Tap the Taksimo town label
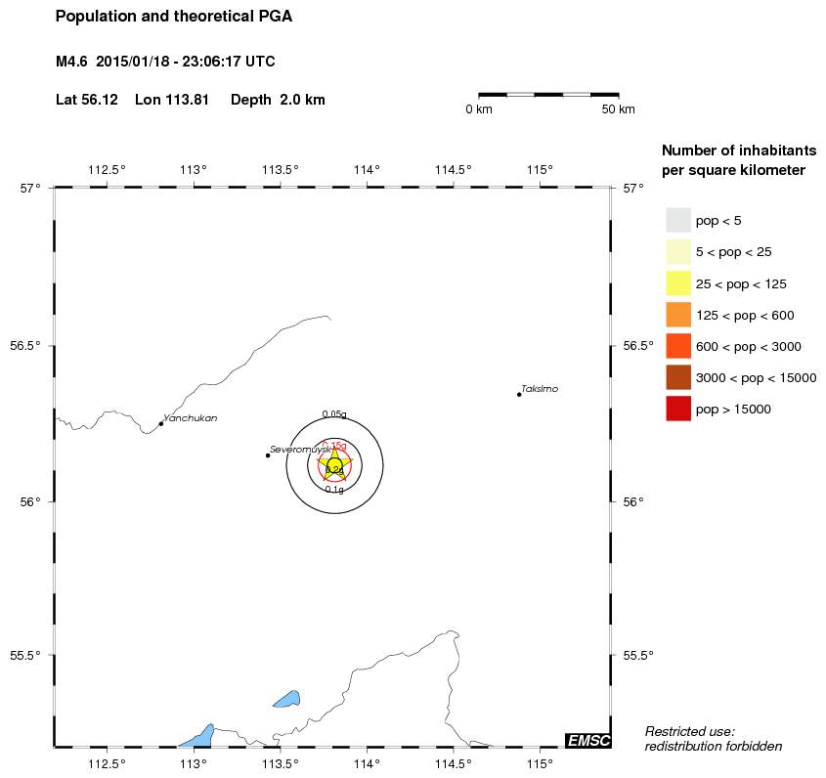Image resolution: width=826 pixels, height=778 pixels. point(540,389)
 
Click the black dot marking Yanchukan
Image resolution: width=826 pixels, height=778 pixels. point(161,423)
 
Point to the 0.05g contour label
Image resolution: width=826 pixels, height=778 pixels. point(334,414)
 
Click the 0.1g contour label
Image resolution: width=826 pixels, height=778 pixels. point(334,490)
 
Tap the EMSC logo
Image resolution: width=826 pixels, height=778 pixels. point(587,740)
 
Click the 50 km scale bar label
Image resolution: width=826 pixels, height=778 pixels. point(618,108)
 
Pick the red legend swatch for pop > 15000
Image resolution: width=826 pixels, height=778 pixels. point(678,409)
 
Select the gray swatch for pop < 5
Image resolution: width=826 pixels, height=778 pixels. point(678,220)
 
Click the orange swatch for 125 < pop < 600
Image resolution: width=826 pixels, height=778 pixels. point(678,315)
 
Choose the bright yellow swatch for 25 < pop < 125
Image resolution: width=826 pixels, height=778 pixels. point(678,283)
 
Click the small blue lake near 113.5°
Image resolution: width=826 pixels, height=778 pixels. point(286,699)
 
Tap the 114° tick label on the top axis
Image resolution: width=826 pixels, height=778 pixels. point(367,170)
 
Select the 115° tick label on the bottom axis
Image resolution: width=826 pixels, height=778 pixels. point(540,763)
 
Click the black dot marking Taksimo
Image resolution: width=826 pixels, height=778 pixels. point(519,394)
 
